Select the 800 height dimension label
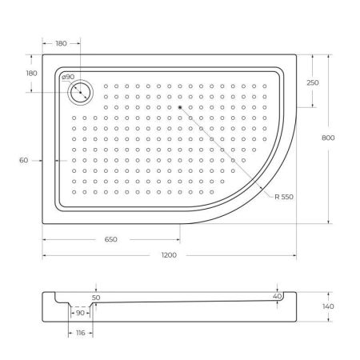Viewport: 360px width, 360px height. [x=328, y=138]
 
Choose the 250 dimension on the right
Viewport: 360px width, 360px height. [x=313, y=83]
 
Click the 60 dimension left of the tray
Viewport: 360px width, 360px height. [x=23, y=161]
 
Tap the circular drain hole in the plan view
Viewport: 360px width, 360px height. [x=81, y=93]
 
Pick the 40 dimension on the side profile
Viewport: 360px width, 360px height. [x=277, y=296]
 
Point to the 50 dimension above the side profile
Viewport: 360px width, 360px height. [x=96, y=297]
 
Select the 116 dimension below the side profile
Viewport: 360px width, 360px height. [x=79, y=332]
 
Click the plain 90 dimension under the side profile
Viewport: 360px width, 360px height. [x=80, y=314]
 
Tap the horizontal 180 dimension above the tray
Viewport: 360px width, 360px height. [x=61, y=45]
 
